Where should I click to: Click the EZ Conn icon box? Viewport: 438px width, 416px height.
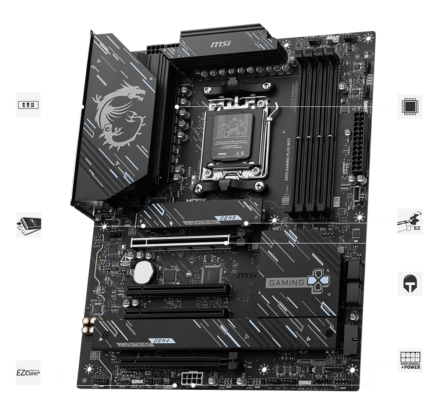(x=28, y=373)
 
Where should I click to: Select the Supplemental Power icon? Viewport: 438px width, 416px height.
(x=410, y=361)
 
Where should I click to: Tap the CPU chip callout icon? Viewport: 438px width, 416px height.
(x=410, y=106)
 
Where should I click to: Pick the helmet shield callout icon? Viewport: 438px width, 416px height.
(x=410, y=284)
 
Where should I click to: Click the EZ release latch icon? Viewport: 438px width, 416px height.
(x=410, y=222)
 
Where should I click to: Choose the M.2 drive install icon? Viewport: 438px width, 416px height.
(x=28, y=225)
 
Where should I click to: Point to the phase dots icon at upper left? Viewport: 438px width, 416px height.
(x=28, y=105)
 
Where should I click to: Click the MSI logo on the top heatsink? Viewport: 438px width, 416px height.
(x=219, y=44)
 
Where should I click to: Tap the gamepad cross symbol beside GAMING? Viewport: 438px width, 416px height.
(x=318, y=282)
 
